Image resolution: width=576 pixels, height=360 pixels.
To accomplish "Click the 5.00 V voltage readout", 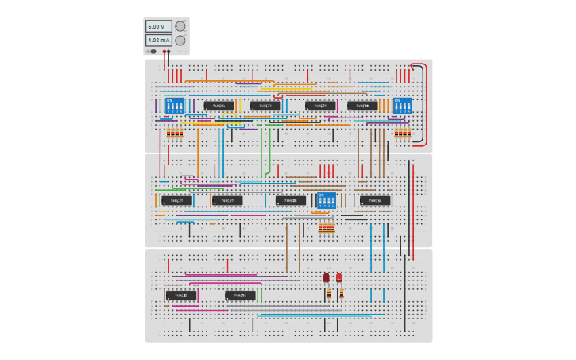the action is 157,26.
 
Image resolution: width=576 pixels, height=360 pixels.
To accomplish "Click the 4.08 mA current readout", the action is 157,40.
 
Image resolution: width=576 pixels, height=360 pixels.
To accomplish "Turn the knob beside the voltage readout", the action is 180,25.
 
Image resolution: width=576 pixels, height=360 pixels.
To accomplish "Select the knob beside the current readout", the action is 180,40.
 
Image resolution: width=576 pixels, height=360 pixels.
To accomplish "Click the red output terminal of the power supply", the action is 164,52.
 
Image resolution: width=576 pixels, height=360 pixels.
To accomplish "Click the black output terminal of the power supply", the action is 169,52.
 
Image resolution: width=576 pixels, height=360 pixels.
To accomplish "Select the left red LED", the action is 327,277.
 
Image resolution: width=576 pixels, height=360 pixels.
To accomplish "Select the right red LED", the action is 339,277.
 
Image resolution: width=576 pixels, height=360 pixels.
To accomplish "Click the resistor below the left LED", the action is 327,294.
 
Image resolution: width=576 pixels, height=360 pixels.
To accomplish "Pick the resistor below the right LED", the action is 340,294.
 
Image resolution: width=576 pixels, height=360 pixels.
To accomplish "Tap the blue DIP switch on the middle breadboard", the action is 326,200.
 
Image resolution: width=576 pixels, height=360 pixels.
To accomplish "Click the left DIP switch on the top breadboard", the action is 174,105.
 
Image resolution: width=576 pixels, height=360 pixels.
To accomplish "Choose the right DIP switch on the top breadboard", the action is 403,105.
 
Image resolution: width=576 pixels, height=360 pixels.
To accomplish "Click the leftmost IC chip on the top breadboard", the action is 219,105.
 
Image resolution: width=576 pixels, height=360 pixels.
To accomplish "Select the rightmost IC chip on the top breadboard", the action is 362,105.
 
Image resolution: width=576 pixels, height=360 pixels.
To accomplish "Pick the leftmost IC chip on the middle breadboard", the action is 176,200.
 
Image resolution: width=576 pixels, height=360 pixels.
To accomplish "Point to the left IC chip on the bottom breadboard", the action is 180,296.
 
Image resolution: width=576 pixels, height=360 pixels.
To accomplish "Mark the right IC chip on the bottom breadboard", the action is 240,296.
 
